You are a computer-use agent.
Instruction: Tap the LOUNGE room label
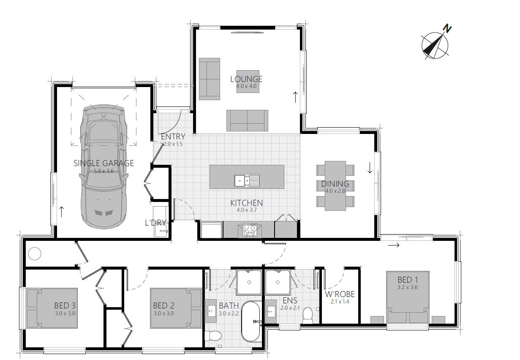[246, 79]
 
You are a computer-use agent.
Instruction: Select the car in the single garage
[103, 166]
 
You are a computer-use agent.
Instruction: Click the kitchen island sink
[247, 180]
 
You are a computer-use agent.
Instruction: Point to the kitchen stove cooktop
[250, 230]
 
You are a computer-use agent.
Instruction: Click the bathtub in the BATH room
[251, 321]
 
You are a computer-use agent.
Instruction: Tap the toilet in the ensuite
[308, 315]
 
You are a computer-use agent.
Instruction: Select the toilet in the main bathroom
[213, 335]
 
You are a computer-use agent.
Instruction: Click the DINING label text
[335, 184]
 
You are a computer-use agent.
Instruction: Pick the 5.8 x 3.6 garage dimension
[104, 171]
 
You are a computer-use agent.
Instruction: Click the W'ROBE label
[340, 294]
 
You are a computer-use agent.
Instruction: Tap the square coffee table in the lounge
[248, 82]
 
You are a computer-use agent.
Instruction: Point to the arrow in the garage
[62, 212]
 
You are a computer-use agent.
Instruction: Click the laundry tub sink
[161, 232]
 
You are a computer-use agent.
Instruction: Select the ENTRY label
[173, 136]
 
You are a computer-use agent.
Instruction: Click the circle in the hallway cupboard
[34, 254]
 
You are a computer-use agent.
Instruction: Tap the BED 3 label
[65, 305]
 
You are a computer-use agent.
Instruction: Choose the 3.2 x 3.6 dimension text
[407, 287]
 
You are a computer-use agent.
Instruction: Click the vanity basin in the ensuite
[270, 311]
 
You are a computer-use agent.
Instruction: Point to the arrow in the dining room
[370, 168]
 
